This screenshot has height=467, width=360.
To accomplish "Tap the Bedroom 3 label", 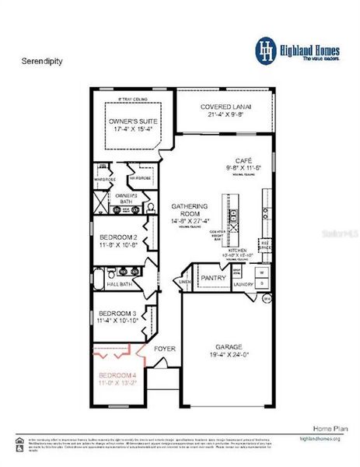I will [117, 313].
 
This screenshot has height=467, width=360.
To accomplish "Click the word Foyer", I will [164, 349].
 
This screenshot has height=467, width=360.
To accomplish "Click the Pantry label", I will [212, 277].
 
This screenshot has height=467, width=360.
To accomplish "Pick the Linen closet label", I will [184, 282].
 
